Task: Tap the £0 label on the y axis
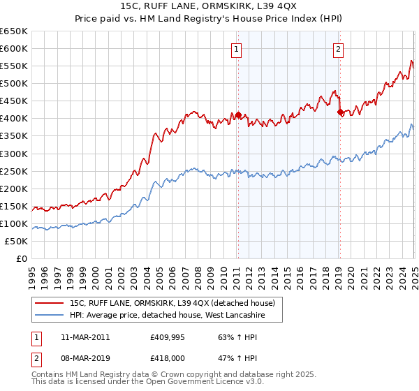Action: click(x=22, y=259)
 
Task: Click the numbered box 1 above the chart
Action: click(x=237, y=49)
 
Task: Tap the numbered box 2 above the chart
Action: click(x=339, y=49)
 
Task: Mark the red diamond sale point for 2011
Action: click(x=237, y=115)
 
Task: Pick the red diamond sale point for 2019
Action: click(x=340, y=112)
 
